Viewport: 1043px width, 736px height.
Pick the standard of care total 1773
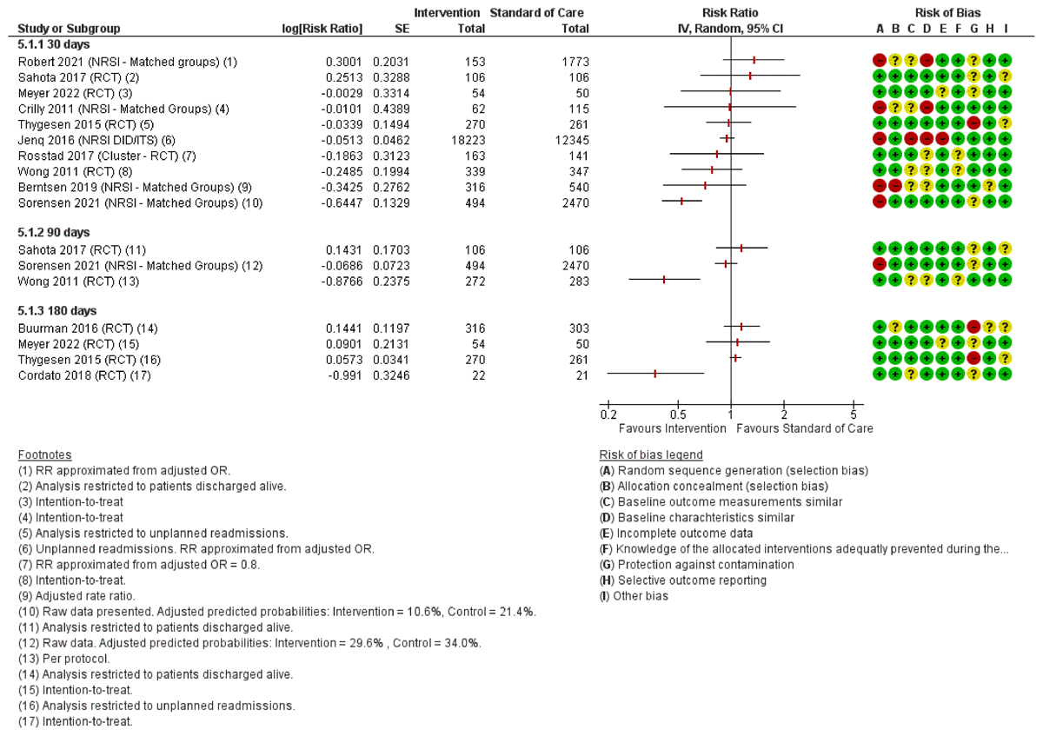pos(575,61)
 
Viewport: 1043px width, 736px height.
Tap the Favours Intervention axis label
pos(672,428)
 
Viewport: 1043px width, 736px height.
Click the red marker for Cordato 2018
pos(654,375)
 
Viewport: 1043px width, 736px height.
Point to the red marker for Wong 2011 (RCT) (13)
pos(664,280)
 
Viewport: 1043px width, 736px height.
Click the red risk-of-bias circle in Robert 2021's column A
pos(880,61)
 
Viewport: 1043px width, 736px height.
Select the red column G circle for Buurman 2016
pos(973,328)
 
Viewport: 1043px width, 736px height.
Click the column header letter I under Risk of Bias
pos(1006,29)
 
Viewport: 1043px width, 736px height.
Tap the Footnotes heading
pos(44,454)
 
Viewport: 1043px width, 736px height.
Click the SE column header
pos(402,29)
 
